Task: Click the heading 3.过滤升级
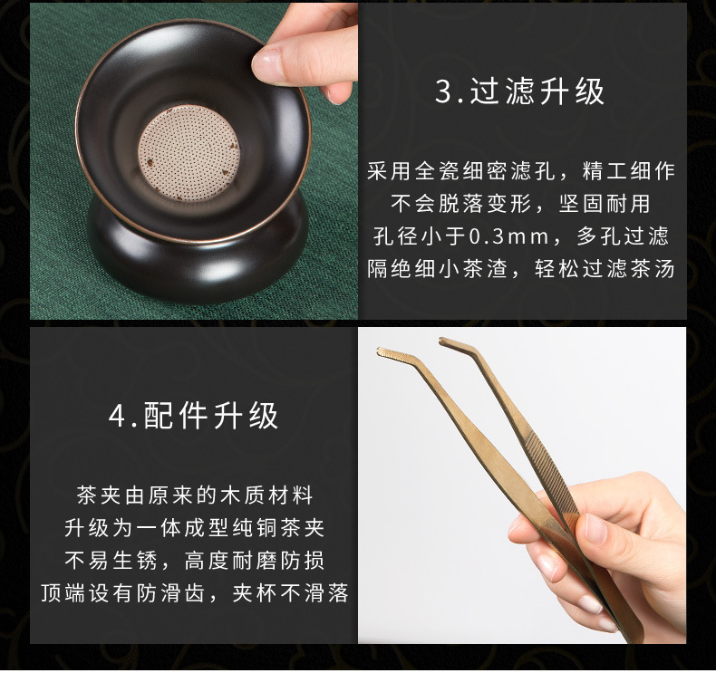519,91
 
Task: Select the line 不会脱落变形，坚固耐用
520,204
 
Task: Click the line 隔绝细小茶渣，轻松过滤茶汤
521,269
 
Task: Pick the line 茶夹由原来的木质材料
195,495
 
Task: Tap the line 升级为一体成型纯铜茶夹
195,528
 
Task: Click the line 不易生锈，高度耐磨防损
195,561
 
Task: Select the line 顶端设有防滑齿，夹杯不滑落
195,593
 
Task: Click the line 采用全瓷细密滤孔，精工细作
521,171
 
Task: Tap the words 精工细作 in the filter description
628,171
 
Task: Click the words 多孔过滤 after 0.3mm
623,236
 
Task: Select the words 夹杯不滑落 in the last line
290,593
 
